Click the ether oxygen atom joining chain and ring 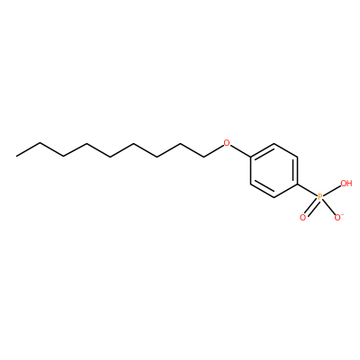[x=227, y=142]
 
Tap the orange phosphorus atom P [x=320, y=197]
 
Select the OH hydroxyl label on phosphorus [x=346, y=184]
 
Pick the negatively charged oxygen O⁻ [x=338, y=217]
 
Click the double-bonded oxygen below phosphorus [x=302, y=218]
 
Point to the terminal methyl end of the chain [x=17, y=156]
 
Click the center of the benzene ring [x=274, y=170]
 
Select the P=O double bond [x=311, y=208]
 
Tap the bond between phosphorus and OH [x=332, y=191]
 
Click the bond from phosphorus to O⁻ [x=329, y=207]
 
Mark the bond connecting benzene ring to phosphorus [x=308, y=190]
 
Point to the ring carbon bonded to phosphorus [x=297, y=184]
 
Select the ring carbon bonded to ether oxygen [x=250, y=157]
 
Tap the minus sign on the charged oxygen [x=342, y=214]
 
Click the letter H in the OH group [x=349, y=184]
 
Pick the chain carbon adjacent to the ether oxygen [x=203, y=157]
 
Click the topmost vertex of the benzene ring [x=274, y=143]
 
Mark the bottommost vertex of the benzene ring [x=274, y=197]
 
